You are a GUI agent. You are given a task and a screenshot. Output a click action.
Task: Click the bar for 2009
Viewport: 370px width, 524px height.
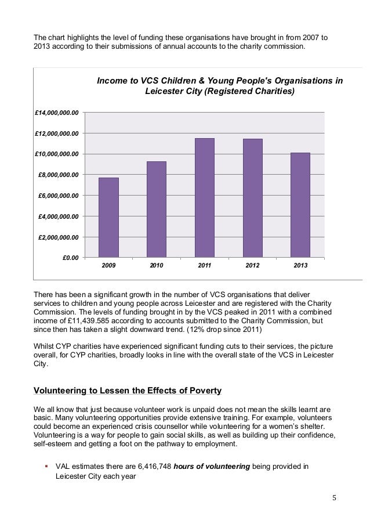(x=108, y=216)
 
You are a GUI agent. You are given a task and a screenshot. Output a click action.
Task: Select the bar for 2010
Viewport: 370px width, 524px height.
(x=157, y=209)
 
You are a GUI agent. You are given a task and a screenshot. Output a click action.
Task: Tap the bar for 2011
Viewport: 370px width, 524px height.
(x=204, y=197)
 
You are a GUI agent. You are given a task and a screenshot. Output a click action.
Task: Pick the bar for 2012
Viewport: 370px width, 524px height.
(x=252, y=197)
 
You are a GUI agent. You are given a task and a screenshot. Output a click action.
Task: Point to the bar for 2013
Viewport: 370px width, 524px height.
(x=300, y=204)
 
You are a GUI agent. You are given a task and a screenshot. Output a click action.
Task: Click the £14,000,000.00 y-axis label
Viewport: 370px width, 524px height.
(x=57, y=112)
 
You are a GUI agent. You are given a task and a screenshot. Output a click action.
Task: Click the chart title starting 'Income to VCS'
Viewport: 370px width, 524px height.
(x=219, y=86)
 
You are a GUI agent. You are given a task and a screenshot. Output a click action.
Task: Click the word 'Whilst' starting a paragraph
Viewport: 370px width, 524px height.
(x=45, y=346)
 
